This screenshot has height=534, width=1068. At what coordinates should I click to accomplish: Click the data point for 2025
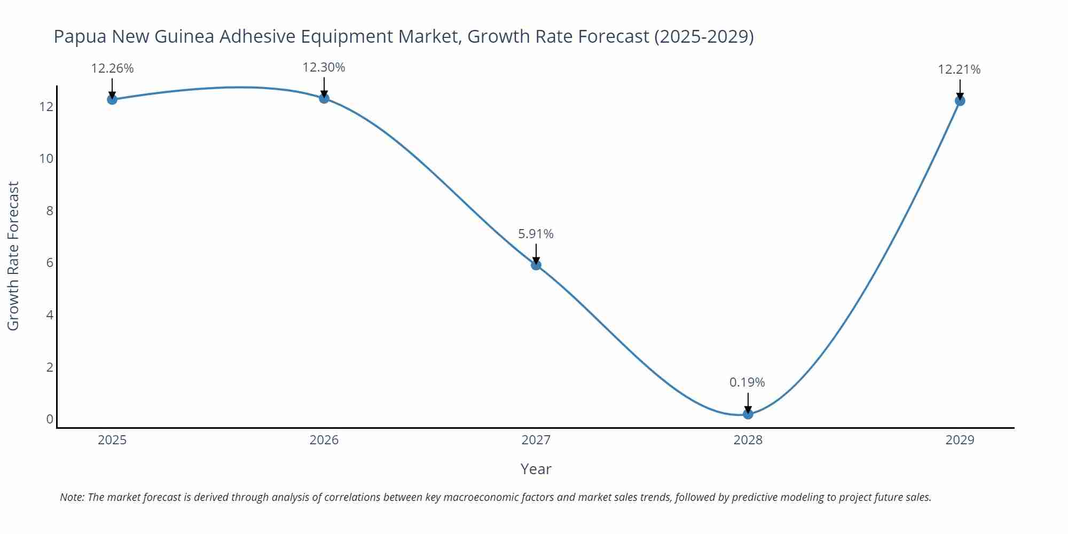[112, 99]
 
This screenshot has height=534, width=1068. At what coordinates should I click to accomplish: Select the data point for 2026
[324, 98]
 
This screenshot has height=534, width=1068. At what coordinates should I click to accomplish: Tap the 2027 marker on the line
[536, 265]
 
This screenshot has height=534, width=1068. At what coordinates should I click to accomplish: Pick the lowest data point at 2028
[748, 414]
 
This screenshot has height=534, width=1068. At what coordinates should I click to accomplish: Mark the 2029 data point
[960, 100]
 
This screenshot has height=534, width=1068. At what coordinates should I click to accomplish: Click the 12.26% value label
[112, 69]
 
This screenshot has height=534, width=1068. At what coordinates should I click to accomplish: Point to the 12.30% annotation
[324, 68]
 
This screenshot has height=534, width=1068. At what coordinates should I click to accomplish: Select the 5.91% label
[536, 234]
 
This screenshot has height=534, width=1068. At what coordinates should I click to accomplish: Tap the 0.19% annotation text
[747, 382]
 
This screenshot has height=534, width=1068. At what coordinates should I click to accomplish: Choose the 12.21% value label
[959, 69]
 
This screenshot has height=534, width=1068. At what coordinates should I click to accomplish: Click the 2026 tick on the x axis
[324, 440]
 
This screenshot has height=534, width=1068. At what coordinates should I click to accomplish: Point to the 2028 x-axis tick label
[748, 440]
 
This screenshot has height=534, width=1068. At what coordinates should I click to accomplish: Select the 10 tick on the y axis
[46, 159]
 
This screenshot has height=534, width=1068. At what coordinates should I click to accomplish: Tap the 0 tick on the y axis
[50, 419]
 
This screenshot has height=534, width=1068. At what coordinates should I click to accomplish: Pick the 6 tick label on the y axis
[50, 263]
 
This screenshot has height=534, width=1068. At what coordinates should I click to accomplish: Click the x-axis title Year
[536, 469]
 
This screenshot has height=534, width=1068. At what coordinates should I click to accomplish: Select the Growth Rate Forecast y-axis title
[13, 256]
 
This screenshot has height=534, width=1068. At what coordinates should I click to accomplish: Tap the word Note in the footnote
[72, 497]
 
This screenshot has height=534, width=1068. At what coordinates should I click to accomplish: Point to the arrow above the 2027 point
[536, 253]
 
